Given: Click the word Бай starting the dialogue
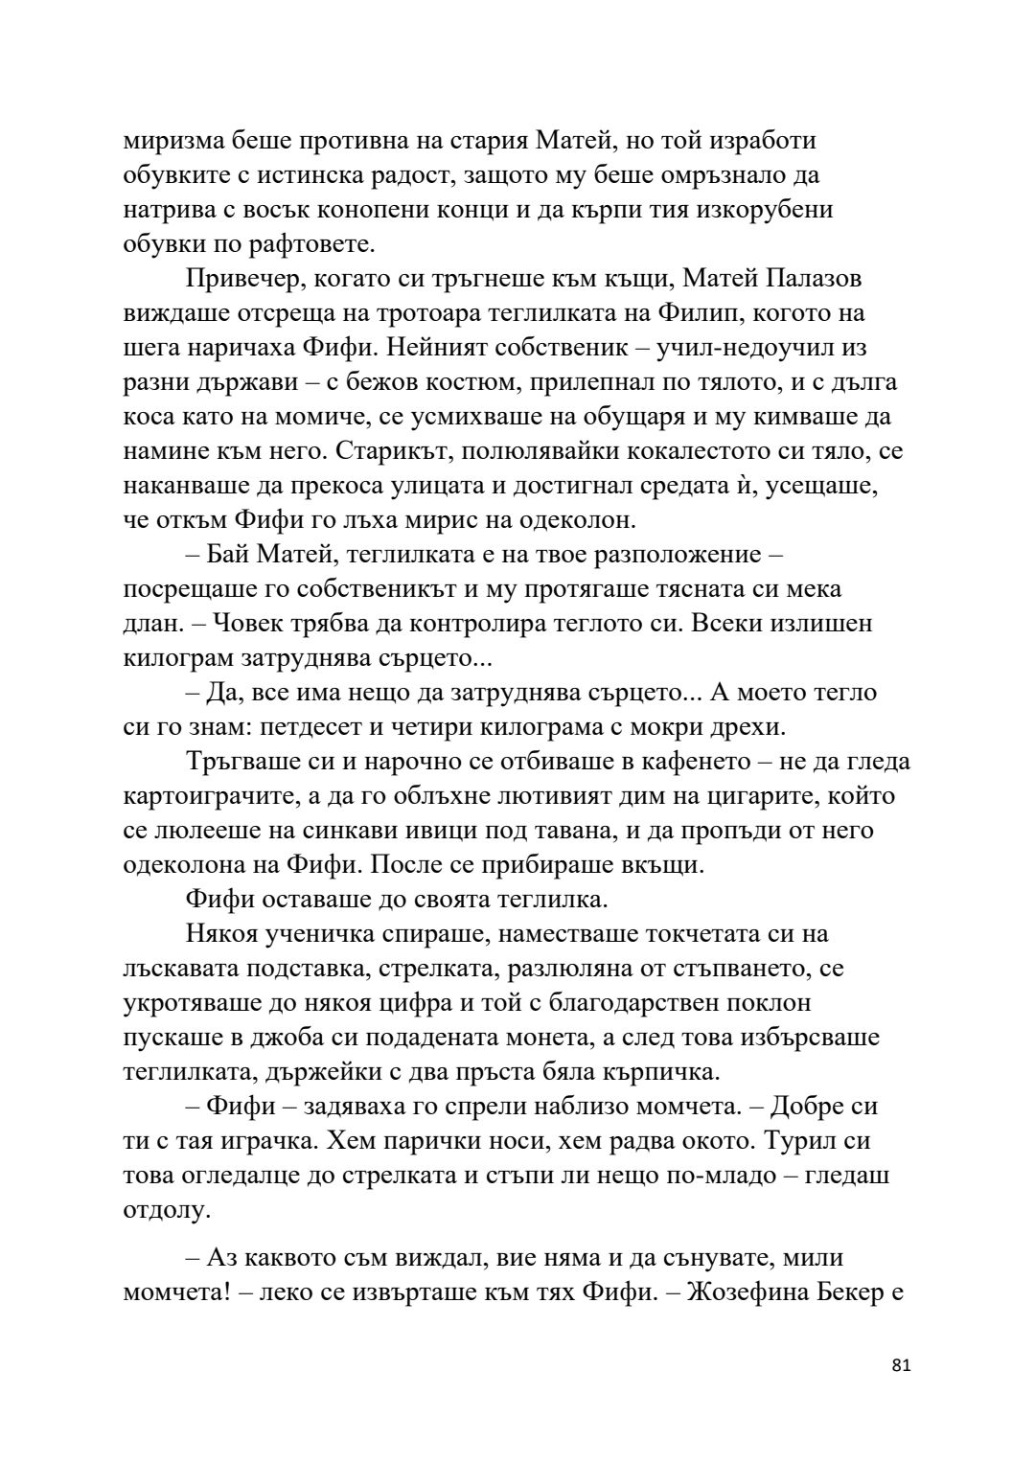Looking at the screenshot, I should (230, 555).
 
